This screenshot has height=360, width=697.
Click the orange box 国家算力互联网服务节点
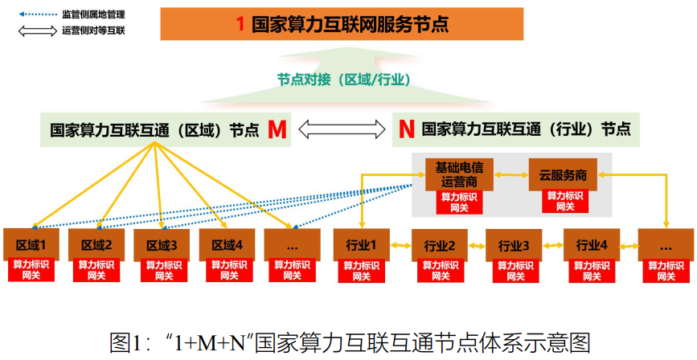(x=342, y=24)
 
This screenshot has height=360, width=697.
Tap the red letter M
(x=277, y=129)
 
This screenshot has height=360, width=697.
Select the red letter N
(x=407, y=129)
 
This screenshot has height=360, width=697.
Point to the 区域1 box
(x=31, y=244)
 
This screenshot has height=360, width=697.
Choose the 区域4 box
(x=227, y=244)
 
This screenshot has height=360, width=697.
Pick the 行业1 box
(x=361, y=244)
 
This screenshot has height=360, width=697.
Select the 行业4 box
(x=591, y=244)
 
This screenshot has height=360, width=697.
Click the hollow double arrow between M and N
(x=341, y=129)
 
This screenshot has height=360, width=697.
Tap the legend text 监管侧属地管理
(x=93, y=14)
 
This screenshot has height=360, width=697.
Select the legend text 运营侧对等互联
(x=93, y=31)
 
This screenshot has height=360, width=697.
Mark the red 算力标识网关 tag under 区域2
(x=96, y=270)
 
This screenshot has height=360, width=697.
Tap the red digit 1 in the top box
(x=240, y=24)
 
